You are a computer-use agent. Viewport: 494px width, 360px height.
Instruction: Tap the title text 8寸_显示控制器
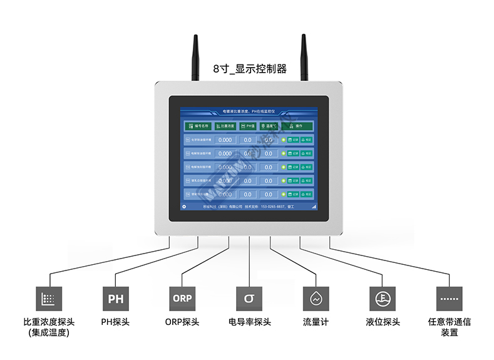[x=249, y=69]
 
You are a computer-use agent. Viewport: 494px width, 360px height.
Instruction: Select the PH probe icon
[x=116, y=299]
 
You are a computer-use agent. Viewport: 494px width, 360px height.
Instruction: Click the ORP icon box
[x=182, y=299]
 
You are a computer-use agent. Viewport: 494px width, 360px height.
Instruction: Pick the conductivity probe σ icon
[x=249, y=299]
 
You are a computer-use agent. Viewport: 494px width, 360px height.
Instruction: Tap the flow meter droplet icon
[x=316, y=299]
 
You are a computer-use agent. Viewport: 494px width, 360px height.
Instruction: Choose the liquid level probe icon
[x=382, y=299]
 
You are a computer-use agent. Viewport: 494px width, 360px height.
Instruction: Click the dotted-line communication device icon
[x=449, y=299]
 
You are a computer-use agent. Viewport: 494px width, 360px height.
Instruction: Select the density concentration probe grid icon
[x=49, y=299]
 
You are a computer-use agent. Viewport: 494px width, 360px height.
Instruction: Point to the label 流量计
[x=316, y=322]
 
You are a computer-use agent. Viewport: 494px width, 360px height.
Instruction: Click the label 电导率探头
[x=249, y=322]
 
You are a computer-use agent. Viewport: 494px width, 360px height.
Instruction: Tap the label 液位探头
[x=383, y=322]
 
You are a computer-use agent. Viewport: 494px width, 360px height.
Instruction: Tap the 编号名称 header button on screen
[x=198, y=126]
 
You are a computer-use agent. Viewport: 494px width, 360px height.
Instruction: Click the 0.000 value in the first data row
[x=224, y=140]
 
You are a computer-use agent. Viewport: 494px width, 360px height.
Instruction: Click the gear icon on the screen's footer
[x=184, y=206]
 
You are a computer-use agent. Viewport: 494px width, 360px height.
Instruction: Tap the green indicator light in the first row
[x=283, y=140]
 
